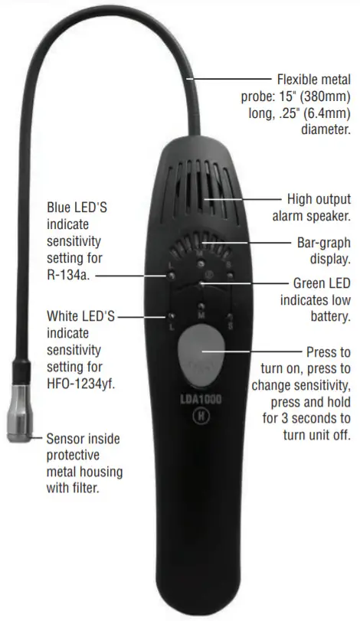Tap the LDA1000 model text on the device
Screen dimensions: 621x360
[201, 400]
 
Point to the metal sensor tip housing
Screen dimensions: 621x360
[19, 418]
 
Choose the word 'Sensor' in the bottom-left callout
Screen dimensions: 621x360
[67, 439]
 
